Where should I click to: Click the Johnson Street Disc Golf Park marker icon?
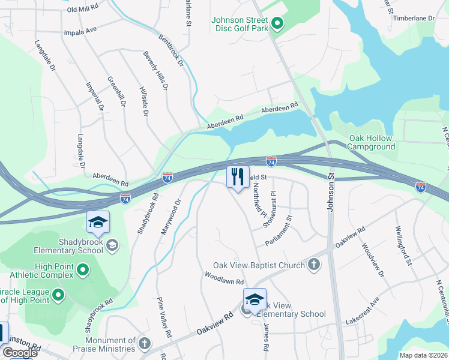coord(277,24)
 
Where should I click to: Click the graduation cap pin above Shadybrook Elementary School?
coord(98,223)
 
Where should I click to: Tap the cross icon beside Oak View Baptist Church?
coord(313,265)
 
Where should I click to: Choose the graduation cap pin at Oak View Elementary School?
coord(255,301)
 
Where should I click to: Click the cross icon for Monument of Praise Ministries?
coord(144,344)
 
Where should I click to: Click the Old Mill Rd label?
coord(83,9)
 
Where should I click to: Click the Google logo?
coord(20,353)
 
